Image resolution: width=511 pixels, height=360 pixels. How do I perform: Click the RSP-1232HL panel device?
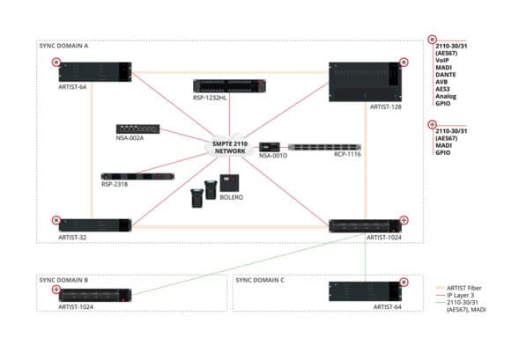[x=227, y=87]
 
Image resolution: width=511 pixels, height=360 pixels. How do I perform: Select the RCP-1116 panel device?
[x=326, y=146]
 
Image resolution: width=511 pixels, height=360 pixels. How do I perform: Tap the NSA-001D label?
[x=272, y=157]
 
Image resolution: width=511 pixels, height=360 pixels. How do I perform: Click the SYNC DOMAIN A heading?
[x=64, y=46]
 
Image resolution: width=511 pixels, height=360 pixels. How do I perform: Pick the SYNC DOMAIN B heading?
[x=64, y=279]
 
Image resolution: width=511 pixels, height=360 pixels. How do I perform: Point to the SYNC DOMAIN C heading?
[x=260, y=279]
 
